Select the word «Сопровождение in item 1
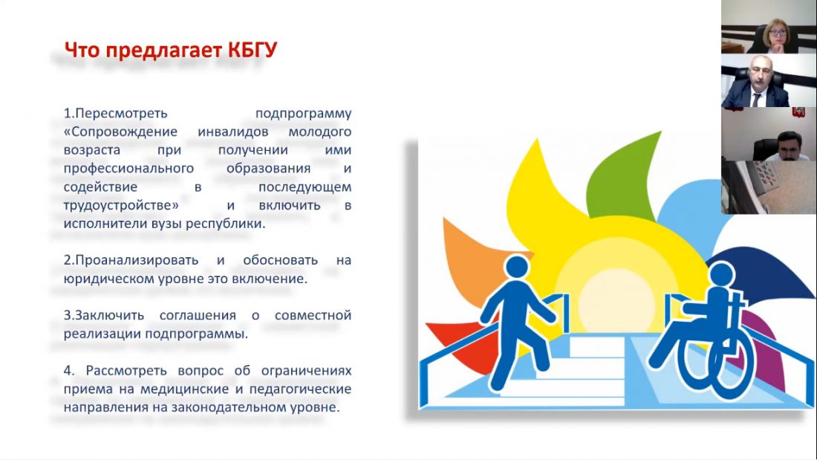[x=120, y=132]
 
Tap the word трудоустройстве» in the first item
[x=121, y=206]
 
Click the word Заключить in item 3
[x=104, y=316]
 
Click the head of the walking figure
[x=517, y=267]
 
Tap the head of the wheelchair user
[x=721, y=274]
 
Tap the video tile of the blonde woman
[x=769, y=27]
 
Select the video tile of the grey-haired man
[x=769, y=80]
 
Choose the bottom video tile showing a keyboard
[x=769, y=187]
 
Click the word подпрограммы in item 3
[x=196, y=334]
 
